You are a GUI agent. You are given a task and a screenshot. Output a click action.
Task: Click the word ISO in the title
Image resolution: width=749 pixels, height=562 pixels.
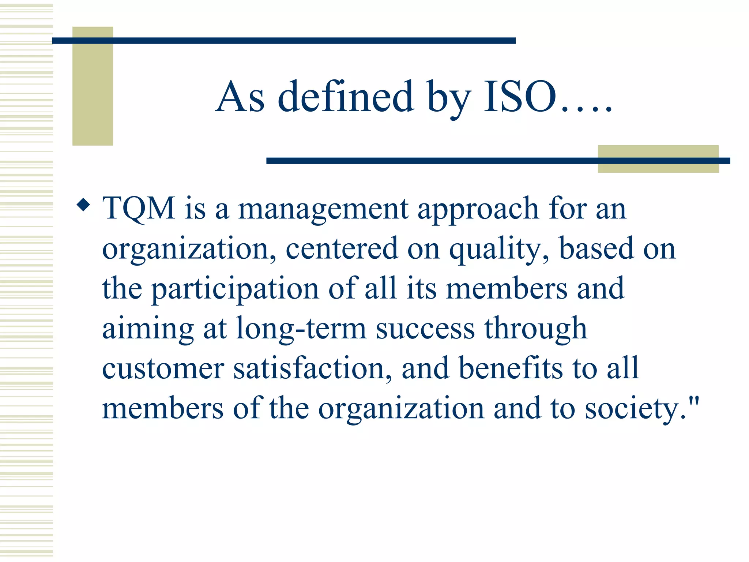point(520,97)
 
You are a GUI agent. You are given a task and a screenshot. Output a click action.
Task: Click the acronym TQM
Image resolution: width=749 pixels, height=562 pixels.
point(139,208)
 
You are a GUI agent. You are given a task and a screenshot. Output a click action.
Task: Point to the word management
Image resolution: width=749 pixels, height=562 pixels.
point(323,209)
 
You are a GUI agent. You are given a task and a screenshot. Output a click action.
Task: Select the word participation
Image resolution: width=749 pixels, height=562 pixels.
point(235,289)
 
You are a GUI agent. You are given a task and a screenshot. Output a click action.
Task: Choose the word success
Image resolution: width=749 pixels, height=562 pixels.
point(425,329)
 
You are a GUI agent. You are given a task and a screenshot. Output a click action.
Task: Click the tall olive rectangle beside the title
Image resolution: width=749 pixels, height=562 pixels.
point(93,86)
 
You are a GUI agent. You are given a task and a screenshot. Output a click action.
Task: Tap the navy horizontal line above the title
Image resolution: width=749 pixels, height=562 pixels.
point(283,41)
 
